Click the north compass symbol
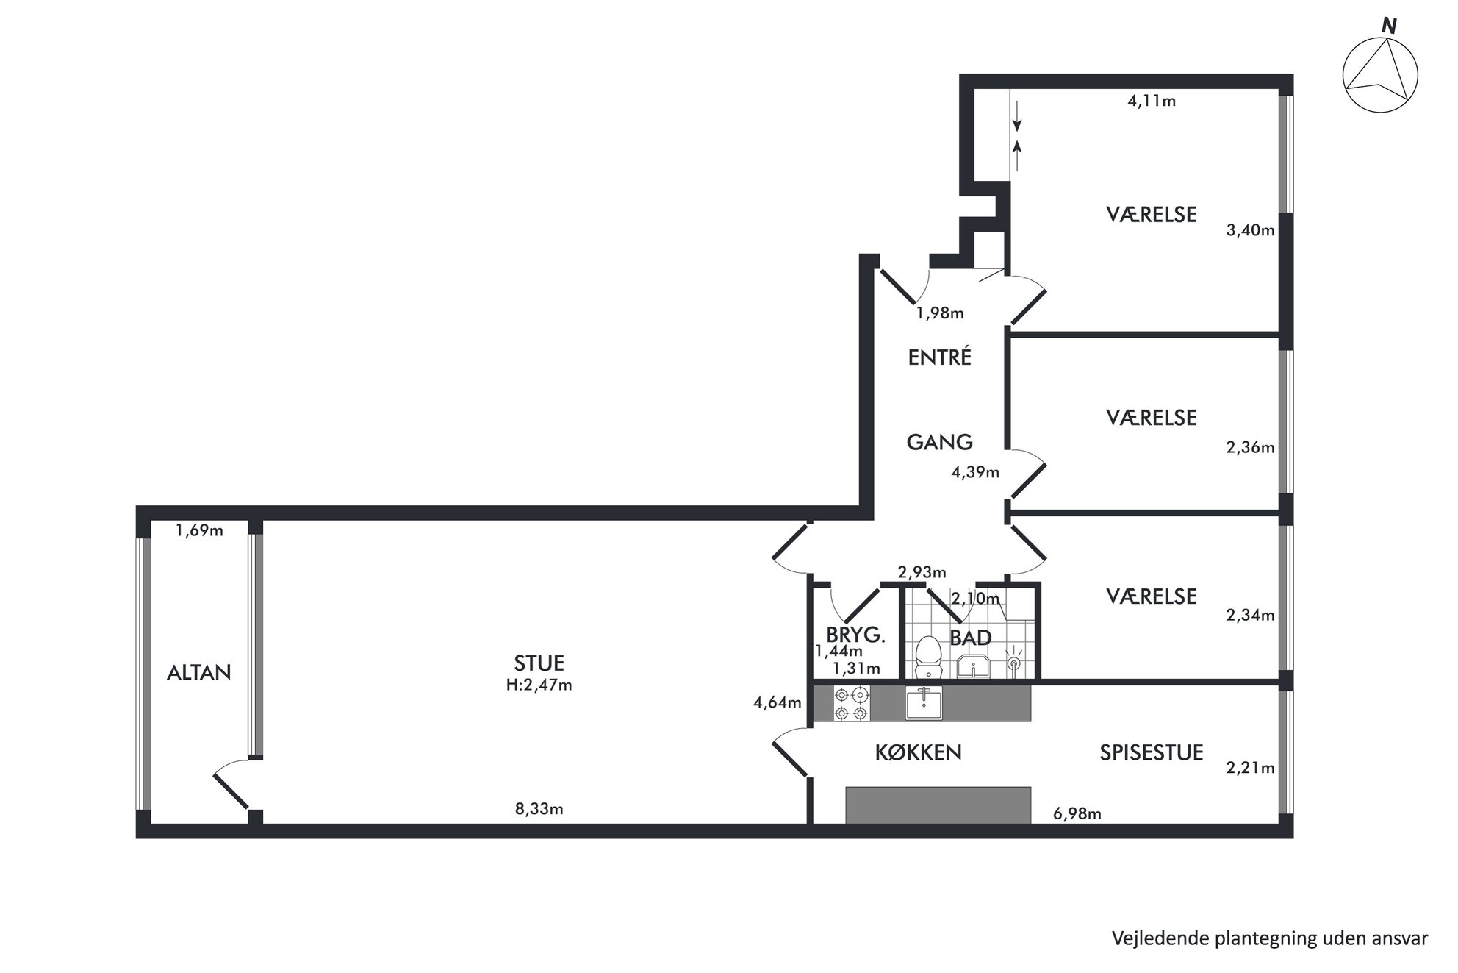click(1380, 74)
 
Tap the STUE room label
click(539, 663)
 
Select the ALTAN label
click(198, 672)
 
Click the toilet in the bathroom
click(929, 656)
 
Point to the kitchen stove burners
click(852, 703)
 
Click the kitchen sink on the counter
click(924, 703)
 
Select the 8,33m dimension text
click(539, 809)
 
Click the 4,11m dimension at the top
click(1152, 101)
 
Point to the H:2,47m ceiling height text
click(539, 685)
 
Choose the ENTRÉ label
click(940, 357)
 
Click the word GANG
click(939, 442)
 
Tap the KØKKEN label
click(919, 752)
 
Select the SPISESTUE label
click(1152, 752)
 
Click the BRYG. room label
click(855, 635)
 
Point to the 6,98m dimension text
click(1077, 813)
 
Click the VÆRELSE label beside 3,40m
click(1152, 214)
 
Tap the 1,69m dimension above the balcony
click(199, 530)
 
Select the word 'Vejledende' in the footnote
click(1153, 938)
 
